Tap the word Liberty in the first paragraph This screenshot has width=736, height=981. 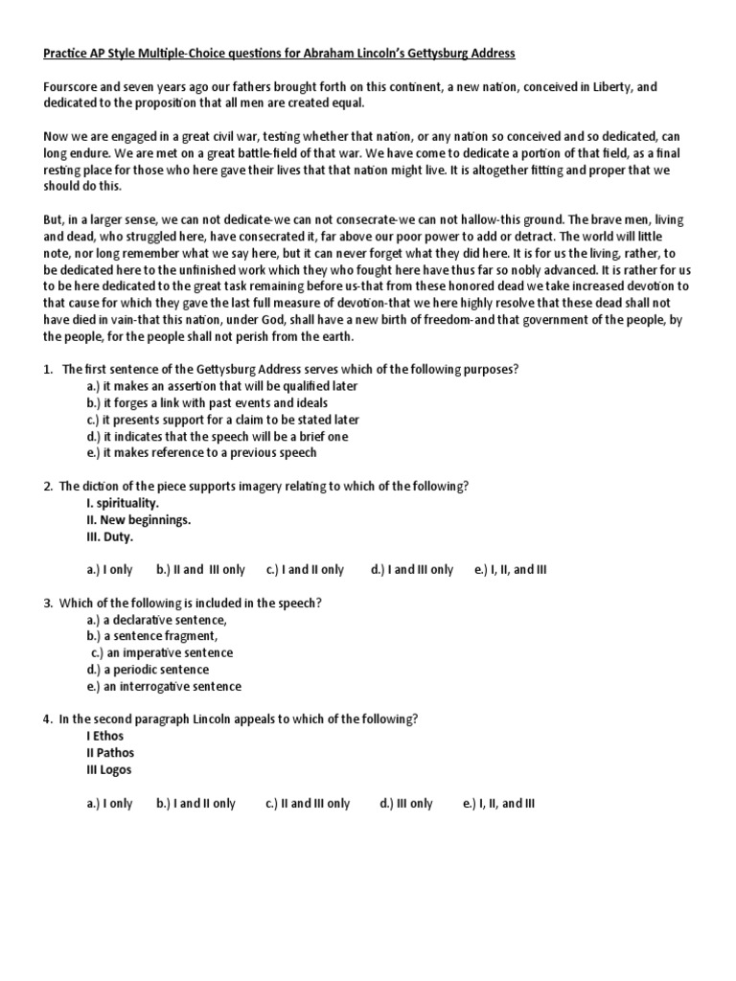tap(609, 87)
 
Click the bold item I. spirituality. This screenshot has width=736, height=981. tap(123, 503)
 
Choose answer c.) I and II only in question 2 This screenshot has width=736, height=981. tap(305, 570)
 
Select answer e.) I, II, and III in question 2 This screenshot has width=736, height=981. tap(511, 570)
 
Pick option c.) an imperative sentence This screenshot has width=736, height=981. tap(162, 653)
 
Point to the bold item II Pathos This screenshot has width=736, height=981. tap(110, 753)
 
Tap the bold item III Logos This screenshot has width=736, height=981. tap(108, 770)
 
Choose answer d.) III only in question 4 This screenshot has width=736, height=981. tap(406, 804)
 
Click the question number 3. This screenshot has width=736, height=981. tap(47, 603)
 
